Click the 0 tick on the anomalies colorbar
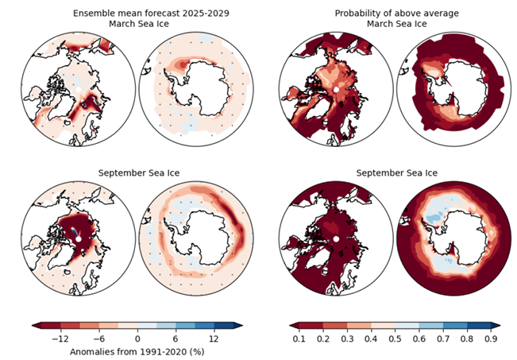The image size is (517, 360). pyautogui.click(x=138, y=339)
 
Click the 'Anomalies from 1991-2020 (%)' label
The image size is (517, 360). pyautogui.click(x=138, y=350)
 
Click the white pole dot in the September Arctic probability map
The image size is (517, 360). pyautogui.click(x=336, y=239)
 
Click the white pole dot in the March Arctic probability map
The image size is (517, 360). pyautogui.click(x=336, y=91)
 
